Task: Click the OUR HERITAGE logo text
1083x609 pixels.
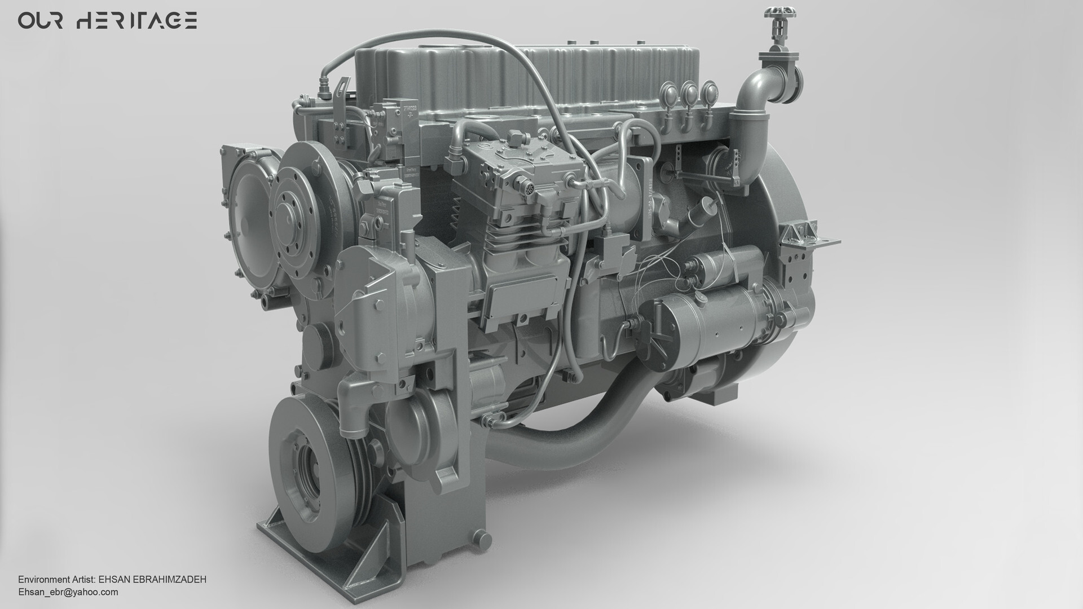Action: click(107, 21)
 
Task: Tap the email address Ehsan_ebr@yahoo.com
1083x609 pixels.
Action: click(68, 592)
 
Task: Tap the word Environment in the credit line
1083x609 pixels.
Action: click(42, 580)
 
